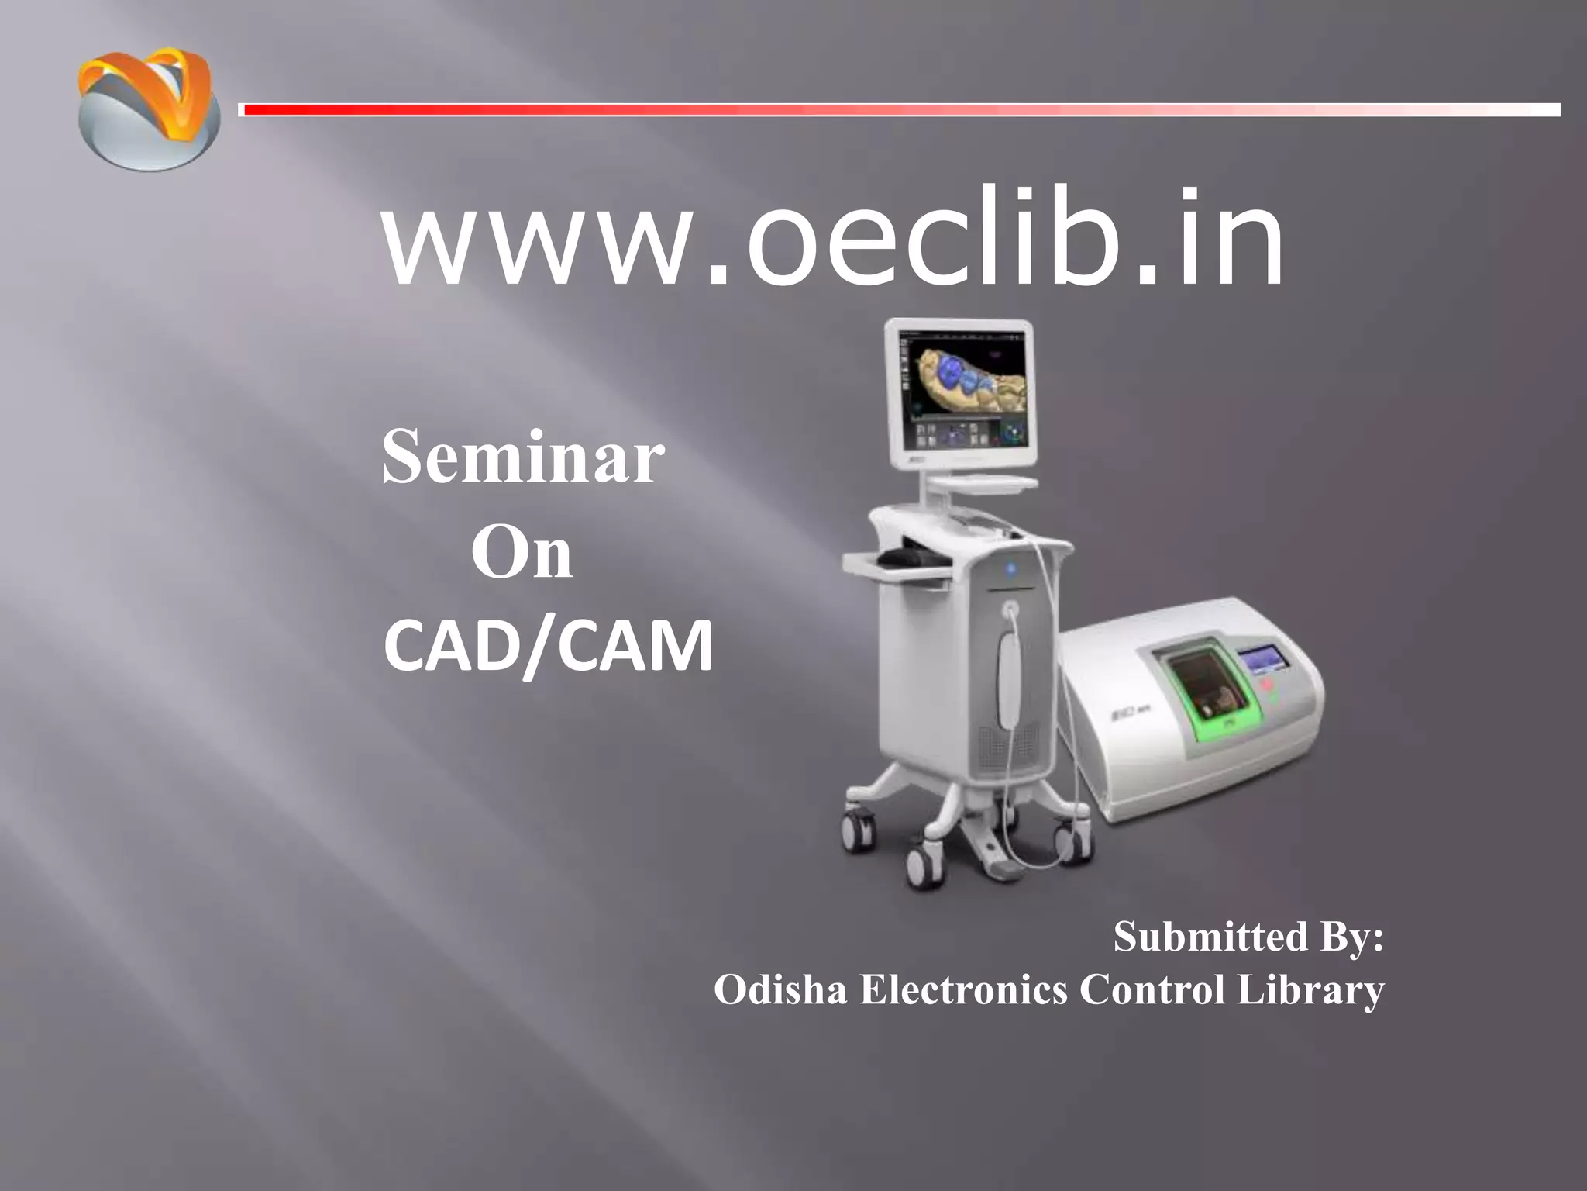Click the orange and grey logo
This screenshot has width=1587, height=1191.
coord(147,109)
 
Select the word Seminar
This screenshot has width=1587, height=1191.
coord(523,459)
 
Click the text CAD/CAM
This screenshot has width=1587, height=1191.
coord(548,648)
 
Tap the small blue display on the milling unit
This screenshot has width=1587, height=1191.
coord(1265,660)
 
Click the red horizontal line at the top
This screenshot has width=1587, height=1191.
coord(899,110)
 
